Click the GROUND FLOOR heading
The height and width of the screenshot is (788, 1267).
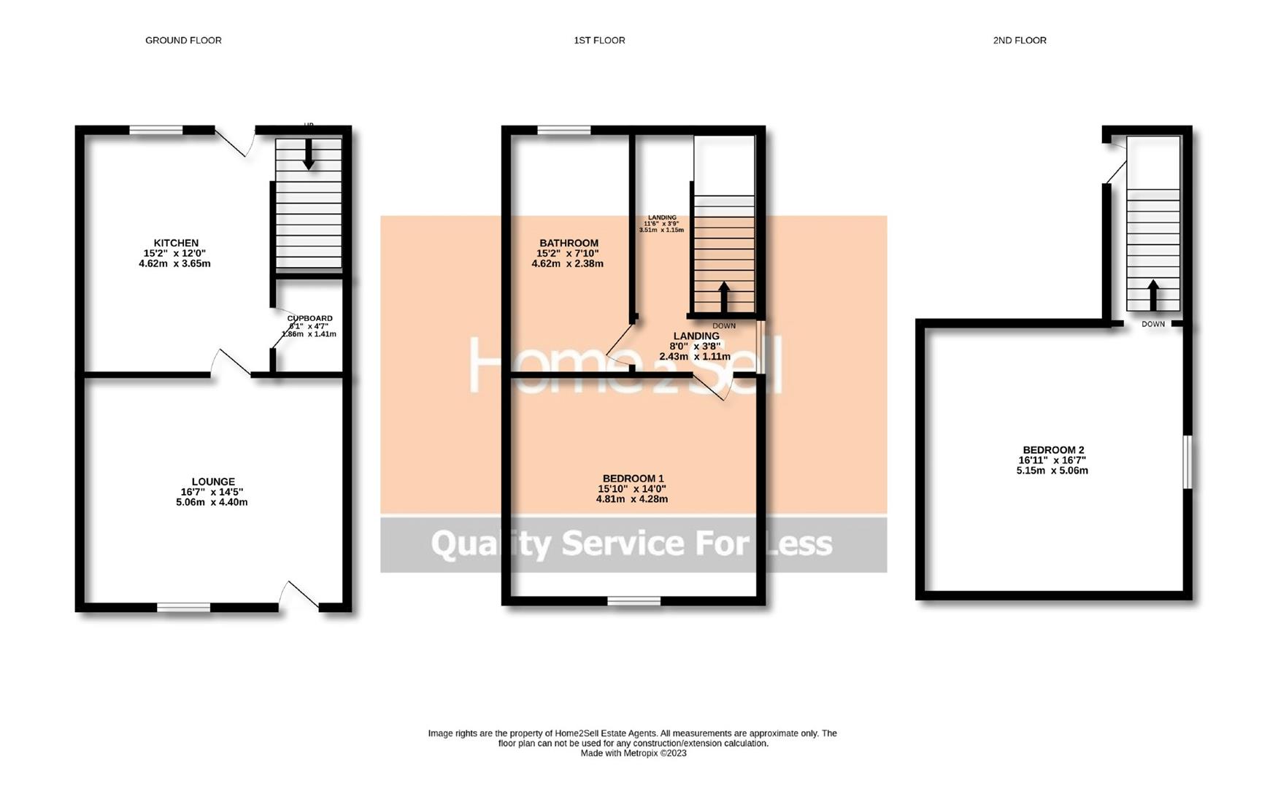tap(183, 40)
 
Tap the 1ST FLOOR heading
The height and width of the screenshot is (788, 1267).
tap(599, 40)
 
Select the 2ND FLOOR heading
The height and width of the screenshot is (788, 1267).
tap(1019, 40)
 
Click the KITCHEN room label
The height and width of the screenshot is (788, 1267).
tap(176, 243)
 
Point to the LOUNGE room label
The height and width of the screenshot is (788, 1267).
tap(213, 482)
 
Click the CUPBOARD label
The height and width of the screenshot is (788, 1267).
tap(309, 318)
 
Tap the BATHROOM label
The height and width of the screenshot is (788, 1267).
tap(569, 243)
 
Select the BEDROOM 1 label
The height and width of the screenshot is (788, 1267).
tap(633, 479)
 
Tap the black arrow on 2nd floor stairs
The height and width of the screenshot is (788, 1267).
tap(1153, 295)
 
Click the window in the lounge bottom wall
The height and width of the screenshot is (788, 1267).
tap(184, 607)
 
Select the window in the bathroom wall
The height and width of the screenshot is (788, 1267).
tap(564, 131)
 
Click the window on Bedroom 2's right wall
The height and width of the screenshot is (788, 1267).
tap(1187, 462)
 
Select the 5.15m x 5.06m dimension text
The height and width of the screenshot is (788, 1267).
tap(1052, 471)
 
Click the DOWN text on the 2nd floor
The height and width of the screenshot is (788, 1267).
tap(1153, 324)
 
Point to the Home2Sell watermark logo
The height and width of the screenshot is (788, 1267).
tap(624, 366)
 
